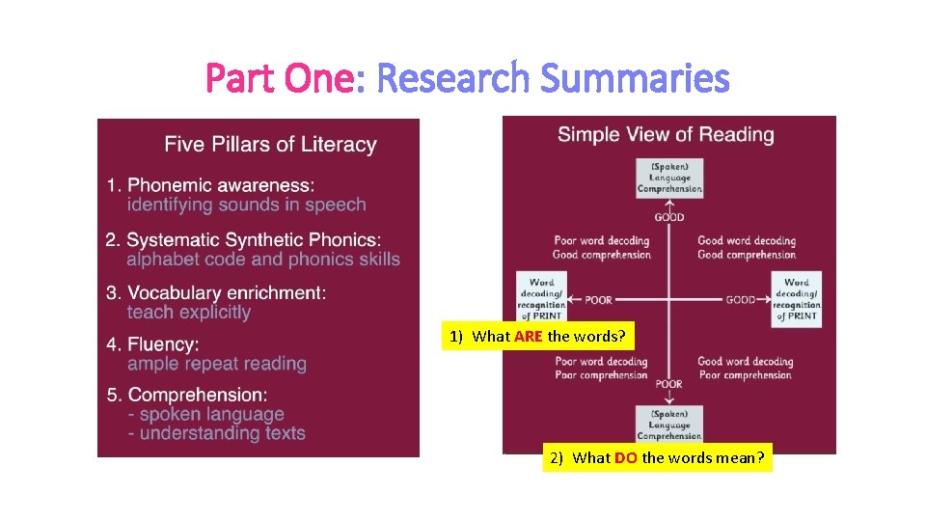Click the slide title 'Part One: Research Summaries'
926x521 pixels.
[467, 78]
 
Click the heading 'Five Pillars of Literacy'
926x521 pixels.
[270, 145]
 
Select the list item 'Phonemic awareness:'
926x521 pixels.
[221, 184]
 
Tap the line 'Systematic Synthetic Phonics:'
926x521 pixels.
[254, 239]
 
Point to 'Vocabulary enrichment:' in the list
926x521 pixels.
[227, 292]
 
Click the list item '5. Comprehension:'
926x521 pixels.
[188, 395]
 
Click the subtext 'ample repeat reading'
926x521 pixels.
[216, 364]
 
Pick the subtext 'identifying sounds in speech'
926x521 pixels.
[246, 205]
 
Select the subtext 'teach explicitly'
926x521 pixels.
[188, 313]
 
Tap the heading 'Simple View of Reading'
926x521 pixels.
[666, 134]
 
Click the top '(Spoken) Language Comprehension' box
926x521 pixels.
[669, 178]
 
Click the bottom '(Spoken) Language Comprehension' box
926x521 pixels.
[669, 425]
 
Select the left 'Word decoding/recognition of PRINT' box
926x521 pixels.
[541, 299]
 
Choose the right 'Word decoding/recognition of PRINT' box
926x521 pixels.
[797, 299]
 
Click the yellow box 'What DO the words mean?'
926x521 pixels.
[657, 458]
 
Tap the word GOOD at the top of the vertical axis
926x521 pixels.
[669, 217]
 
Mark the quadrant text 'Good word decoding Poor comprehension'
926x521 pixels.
[746, 369]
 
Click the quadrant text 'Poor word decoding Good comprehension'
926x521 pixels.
[602, 248]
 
